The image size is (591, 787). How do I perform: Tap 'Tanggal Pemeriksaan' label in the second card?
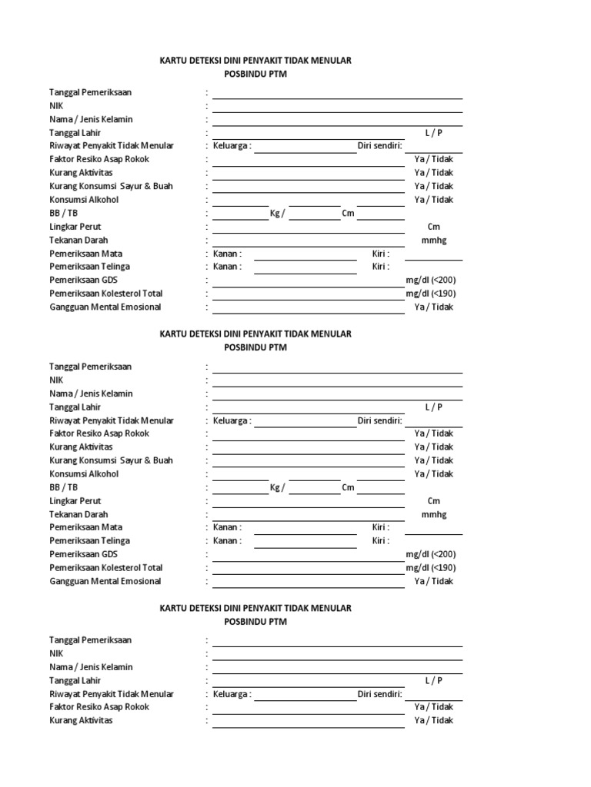(x=91, y=367)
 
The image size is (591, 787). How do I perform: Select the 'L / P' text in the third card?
(x=433, y=680)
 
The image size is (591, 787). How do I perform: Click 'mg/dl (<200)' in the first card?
(x=431, y=280)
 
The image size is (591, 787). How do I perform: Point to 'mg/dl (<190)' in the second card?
(x=431, y=568)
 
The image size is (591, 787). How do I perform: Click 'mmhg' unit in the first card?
(x=433, y=240)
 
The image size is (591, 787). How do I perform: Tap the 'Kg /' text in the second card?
(x=277, y=487)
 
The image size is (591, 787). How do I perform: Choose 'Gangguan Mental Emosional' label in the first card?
(x=105, y=307)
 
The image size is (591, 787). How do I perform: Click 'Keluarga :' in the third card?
(x=232, y=694)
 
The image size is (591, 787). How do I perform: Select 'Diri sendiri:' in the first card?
(x=380, y=146)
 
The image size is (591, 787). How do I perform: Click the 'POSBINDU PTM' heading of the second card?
(x=255, y=347)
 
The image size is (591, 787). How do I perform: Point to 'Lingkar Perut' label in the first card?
(x=75, y=227)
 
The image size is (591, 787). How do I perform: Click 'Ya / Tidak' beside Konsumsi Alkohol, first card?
(x=433, y=200)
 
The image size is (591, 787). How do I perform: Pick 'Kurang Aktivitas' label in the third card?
(x=82, y=720)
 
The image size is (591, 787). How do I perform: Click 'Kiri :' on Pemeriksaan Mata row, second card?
(x=381, y=528)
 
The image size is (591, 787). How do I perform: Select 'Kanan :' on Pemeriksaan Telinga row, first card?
(x=228, y=267)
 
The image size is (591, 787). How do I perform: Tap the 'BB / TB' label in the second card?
(x=64, y=487)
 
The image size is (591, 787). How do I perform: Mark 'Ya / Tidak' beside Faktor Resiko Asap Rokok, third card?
(x=433, y=707)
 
